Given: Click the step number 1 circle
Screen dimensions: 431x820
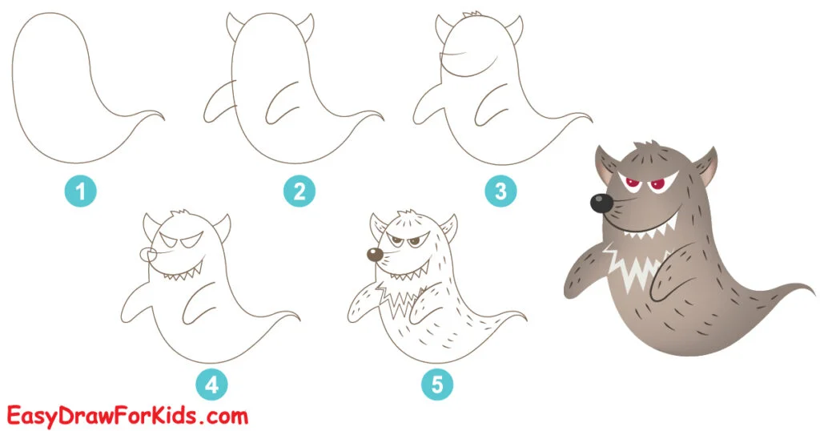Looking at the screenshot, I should pos(80,191).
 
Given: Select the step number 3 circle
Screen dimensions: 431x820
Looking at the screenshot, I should pos(500,191).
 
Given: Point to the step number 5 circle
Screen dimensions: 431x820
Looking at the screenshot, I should pos(437,385).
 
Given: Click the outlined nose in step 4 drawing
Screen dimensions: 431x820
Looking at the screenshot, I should pos(147,254).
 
